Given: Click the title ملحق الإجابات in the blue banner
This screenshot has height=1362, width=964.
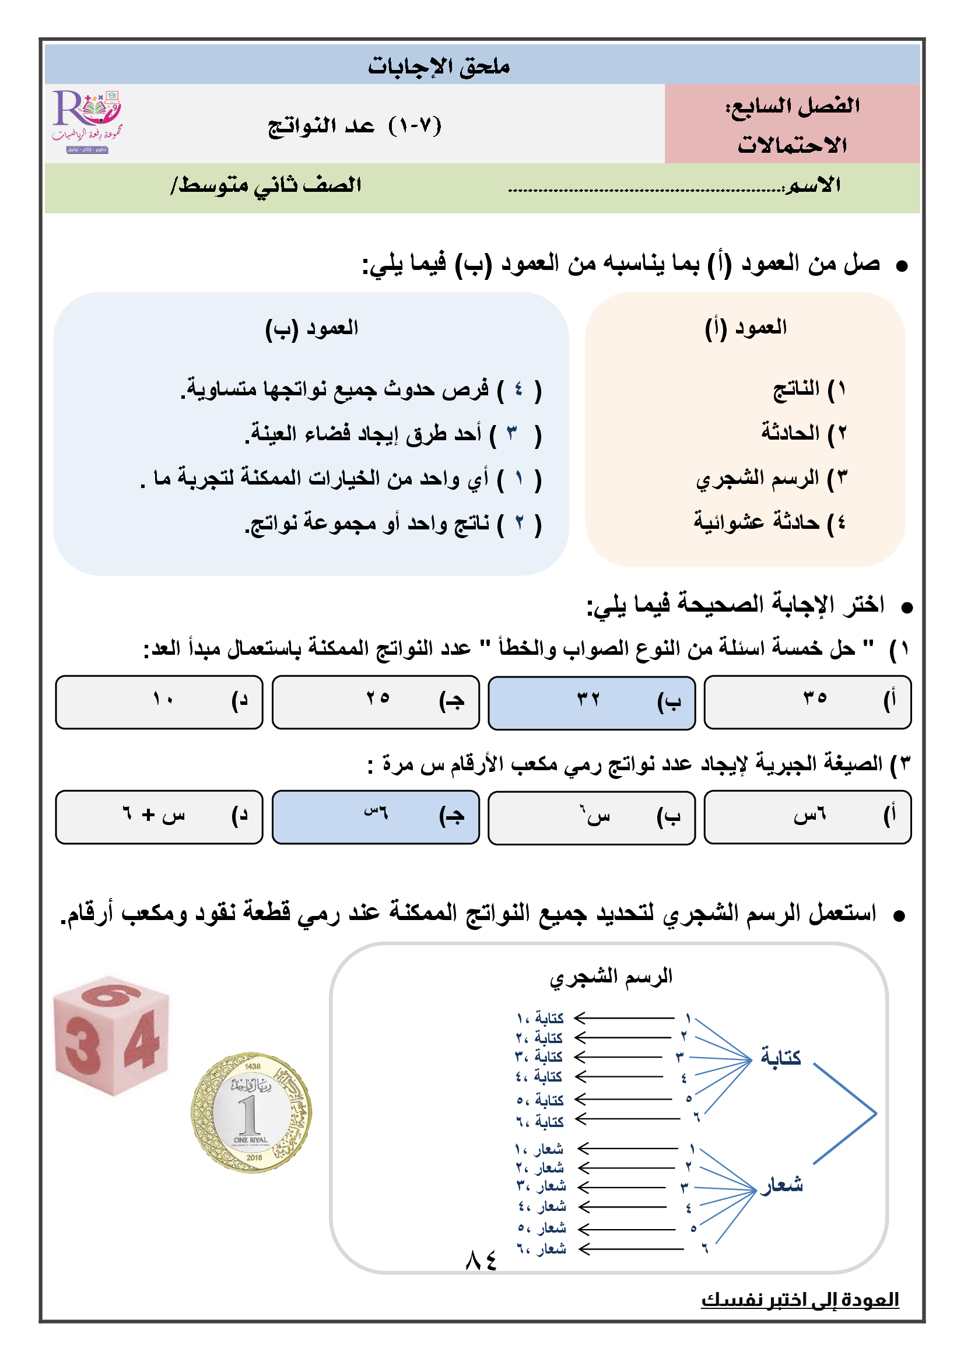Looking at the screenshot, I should click(439, 66).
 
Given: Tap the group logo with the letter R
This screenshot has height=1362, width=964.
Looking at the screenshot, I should click(88, 122).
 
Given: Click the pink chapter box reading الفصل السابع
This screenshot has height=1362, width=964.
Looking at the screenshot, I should click(792, 124).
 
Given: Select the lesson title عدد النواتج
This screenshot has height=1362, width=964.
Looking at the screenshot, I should click(355, 126).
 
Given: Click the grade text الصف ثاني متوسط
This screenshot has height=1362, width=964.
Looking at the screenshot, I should click(267, 185).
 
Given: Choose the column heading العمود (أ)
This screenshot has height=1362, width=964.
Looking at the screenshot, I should click(745, 328).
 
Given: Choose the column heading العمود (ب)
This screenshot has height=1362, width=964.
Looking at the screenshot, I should click(311, 328).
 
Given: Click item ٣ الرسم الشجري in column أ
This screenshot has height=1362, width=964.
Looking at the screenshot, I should click(772, 478).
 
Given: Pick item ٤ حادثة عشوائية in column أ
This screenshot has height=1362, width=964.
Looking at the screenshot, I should click(770, 522).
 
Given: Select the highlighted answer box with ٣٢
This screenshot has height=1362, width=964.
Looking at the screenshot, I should click(591, 702).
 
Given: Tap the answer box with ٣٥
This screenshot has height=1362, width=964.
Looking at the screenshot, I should click(807, 702).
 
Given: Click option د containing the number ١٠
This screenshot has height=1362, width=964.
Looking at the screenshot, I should click(159, 702).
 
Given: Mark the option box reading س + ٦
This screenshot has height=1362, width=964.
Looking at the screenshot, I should click(159, 817).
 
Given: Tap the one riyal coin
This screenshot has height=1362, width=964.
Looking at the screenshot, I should click(251, 1112).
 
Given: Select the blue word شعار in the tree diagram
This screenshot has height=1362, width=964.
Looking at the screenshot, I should click(782, 1185).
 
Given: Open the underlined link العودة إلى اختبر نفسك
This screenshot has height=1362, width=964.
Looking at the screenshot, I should click(800, 1300).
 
